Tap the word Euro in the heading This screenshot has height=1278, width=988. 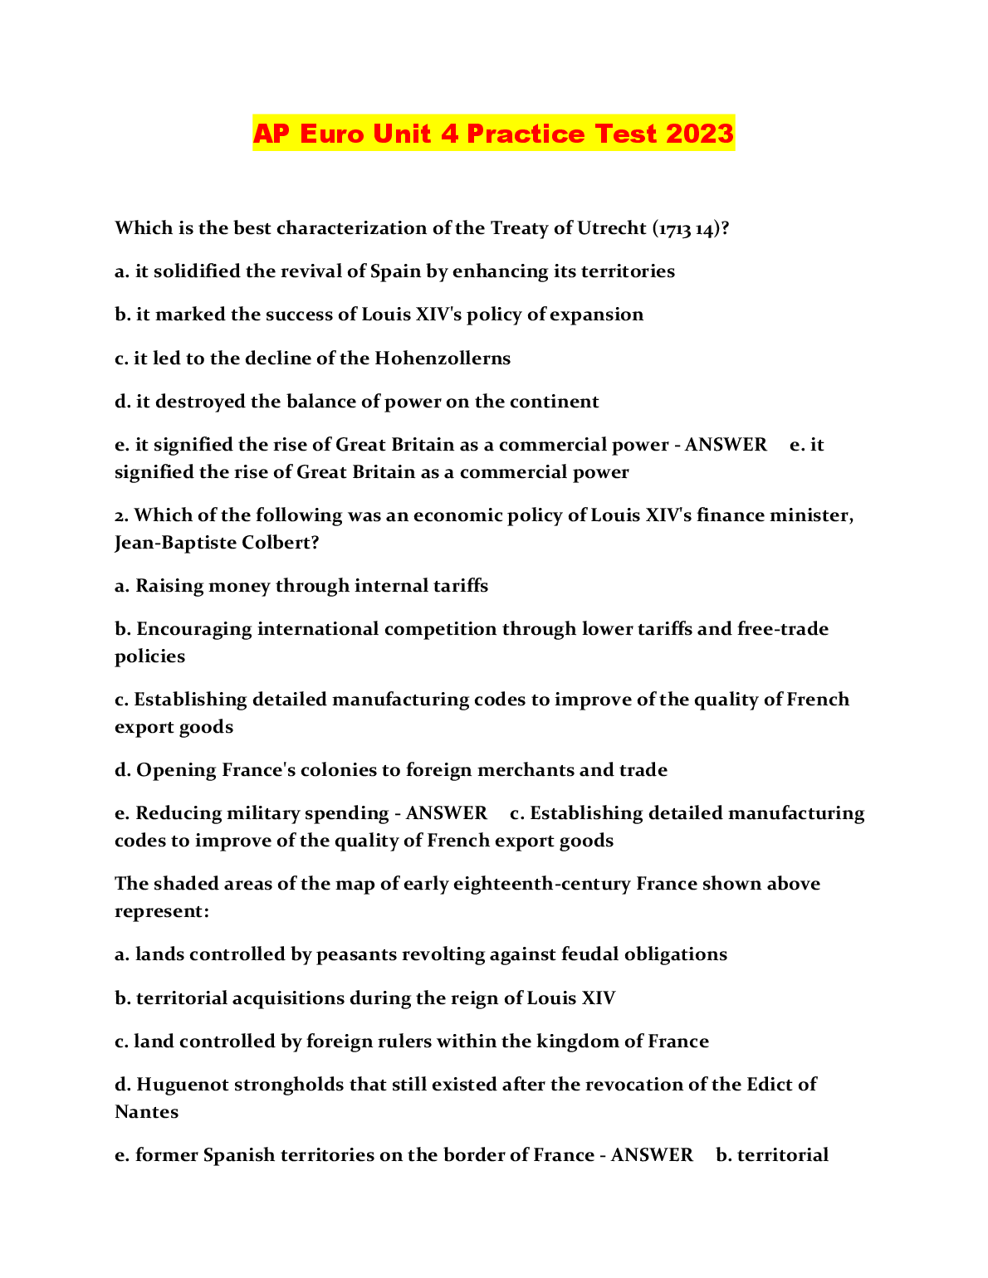coord(332,134)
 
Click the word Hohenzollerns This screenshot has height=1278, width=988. coord(443,359)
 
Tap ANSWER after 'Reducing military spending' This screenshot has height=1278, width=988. coord(446,813)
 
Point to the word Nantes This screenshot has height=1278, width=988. coord(147,1112)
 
